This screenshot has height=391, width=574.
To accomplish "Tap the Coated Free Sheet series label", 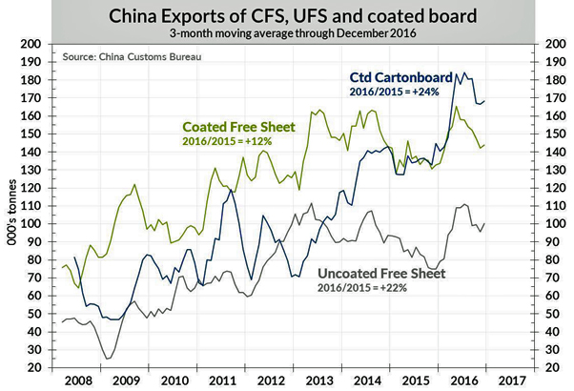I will [238, 127].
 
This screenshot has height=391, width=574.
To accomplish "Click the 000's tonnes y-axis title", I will [13, 205].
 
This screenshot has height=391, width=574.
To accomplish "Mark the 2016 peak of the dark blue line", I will [457, 72].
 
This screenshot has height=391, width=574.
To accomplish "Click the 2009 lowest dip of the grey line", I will [108, 359].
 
